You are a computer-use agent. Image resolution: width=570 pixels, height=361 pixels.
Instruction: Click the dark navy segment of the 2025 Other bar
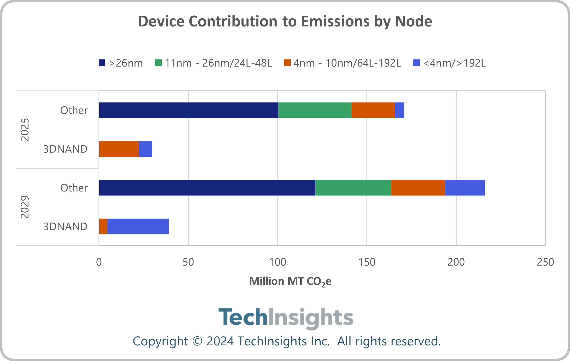tap(188, 110)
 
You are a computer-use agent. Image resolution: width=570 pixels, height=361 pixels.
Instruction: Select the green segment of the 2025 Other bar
tap(315, 110)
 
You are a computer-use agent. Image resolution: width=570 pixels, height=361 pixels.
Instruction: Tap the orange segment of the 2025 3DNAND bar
tap(119, 149)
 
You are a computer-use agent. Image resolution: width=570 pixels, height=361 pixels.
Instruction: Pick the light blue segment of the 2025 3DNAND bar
tap(146, 149)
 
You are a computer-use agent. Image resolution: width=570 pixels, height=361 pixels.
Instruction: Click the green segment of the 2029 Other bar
tap(353, 188)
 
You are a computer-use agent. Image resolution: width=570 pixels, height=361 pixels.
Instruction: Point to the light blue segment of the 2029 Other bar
tap(465, 188)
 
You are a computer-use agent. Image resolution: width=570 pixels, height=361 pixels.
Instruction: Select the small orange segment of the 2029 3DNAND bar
tap(103, 227)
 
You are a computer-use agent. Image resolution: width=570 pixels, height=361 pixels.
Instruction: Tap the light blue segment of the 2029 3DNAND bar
tap(138, 227)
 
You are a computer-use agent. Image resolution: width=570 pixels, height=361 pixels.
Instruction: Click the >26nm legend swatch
tap(102, 63)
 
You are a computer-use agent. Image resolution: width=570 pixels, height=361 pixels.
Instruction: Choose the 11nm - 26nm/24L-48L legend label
tap(218, 63)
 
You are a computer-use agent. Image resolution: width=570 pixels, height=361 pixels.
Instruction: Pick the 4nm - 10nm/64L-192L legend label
tap(347, 63)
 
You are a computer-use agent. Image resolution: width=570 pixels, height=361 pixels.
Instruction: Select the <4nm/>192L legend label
tap(454, 63)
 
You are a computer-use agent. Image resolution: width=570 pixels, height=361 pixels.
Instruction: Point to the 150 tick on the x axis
tap(367, 262)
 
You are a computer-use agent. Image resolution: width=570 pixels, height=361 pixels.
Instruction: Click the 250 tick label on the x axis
tap(545, 262)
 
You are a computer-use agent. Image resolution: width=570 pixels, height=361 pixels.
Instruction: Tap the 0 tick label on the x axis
tap(99, 262)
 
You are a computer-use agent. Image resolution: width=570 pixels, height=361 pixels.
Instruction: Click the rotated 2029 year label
tap(25, 207)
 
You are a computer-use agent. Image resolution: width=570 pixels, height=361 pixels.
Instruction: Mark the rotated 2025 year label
tap(25, 129)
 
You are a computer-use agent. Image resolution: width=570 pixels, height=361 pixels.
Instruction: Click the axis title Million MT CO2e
tap(290, 281)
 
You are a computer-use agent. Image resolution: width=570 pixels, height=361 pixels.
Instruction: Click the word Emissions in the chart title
tap(335, 21)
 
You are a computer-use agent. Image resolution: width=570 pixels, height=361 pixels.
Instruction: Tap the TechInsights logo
tap(286, 317)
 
